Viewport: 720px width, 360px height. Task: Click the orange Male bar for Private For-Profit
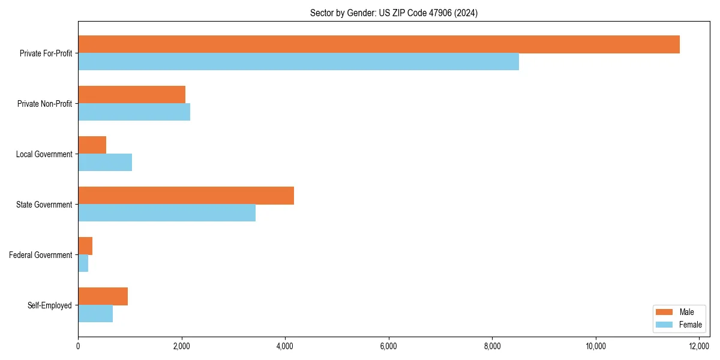(379, 44)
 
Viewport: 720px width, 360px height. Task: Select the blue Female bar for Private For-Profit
(298, 62)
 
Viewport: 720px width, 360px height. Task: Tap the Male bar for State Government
(186, 196)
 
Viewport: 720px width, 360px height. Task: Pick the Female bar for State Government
(167, 213)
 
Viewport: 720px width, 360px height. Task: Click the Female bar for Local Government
(105, 163)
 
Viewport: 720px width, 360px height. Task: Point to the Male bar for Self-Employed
(103, 296)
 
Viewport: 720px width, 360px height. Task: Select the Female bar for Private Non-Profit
(134, 112)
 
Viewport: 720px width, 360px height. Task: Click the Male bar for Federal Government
(85, 246)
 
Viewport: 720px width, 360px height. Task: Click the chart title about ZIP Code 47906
(394, 13)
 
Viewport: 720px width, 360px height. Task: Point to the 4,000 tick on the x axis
(285, 346)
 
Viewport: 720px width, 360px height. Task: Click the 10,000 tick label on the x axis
(596, 346)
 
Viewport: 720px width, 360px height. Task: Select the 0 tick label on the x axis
(78, 346)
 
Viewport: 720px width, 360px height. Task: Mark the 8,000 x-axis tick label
(492, 346)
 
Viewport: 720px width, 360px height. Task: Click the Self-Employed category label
(49, 305)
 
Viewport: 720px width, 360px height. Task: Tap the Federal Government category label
(41, 255)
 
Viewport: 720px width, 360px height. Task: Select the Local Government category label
(44, 154)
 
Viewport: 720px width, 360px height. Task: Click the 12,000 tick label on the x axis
(699, 346)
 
